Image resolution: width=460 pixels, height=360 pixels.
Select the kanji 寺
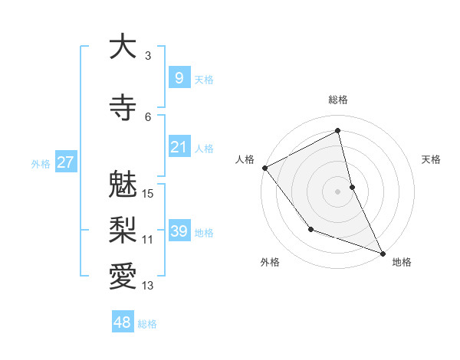[x=123, y=107]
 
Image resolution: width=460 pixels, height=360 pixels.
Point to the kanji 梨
[x=123, y=230]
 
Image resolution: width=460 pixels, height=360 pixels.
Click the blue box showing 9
[x=179, y=77]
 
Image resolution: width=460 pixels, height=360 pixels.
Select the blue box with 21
[x=179, y=146]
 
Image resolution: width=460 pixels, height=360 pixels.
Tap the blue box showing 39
[x=179, y=231]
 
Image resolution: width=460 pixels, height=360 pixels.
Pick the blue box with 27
[x=65, y=162]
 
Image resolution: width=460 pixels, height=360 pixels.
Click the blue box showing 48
[x=123, y=322]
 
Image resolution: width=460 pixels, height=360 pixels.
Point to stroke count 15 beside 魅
[x=149, y=193]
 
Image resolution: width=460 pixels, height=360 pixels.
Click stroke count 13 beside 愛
[x=149, y=286]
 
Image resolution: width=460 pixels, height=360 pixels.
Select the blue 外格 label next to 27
[x=41, y=163]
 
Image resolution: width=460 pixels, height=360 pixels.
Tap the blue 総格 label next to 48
[x=147, y=324]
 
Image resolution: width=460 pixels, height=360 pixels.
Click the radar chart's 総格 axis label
[x=338, y=100]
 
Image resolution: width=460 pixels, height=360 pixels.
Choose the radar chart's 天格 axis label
[x=432, y=159]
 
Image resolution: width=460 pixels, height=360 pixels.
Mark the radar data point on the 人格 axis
[x=264, y=168]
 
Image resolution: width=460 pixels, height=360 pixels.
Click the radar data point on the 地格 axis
[x=383, y=253]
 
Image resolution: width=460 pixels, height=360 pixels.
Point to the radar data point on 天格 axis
[x=352, y=186]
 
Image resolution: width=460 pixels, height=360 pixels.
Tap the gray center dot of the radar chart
[x=338, y=191]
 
